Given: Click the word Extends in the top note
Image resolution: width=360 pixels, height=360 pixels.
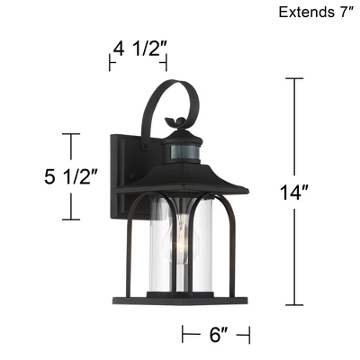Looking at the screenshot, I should pos(303,13).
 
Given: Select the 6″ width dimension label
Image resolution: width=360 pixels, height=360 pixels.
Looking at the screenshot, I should pos(216,334).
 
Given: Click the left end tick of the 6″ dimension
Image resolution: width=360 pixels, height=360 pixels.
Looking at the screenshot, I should pos(184,334).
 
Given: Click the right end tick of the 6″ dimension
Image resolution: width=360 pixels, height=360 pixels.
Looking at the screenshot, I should pos(248,334).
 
